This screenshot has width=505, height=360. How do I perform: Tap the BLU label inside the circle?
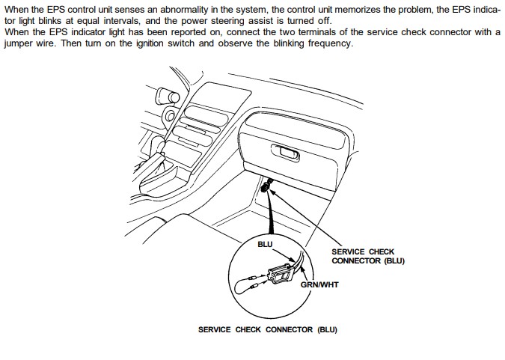pyautogui.click(x=265, y=244)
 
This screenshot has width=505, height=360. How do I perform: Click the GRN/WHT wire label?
pyautogui.click(x=319, y=284)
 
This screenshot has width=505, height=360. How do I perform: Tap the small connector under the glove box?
pyautogui.click(x=266, y=189)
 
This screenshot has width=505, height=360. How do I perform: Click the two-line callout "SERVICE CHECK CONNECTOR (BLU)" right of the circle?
pyautogui.click(x=367, y=257)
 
